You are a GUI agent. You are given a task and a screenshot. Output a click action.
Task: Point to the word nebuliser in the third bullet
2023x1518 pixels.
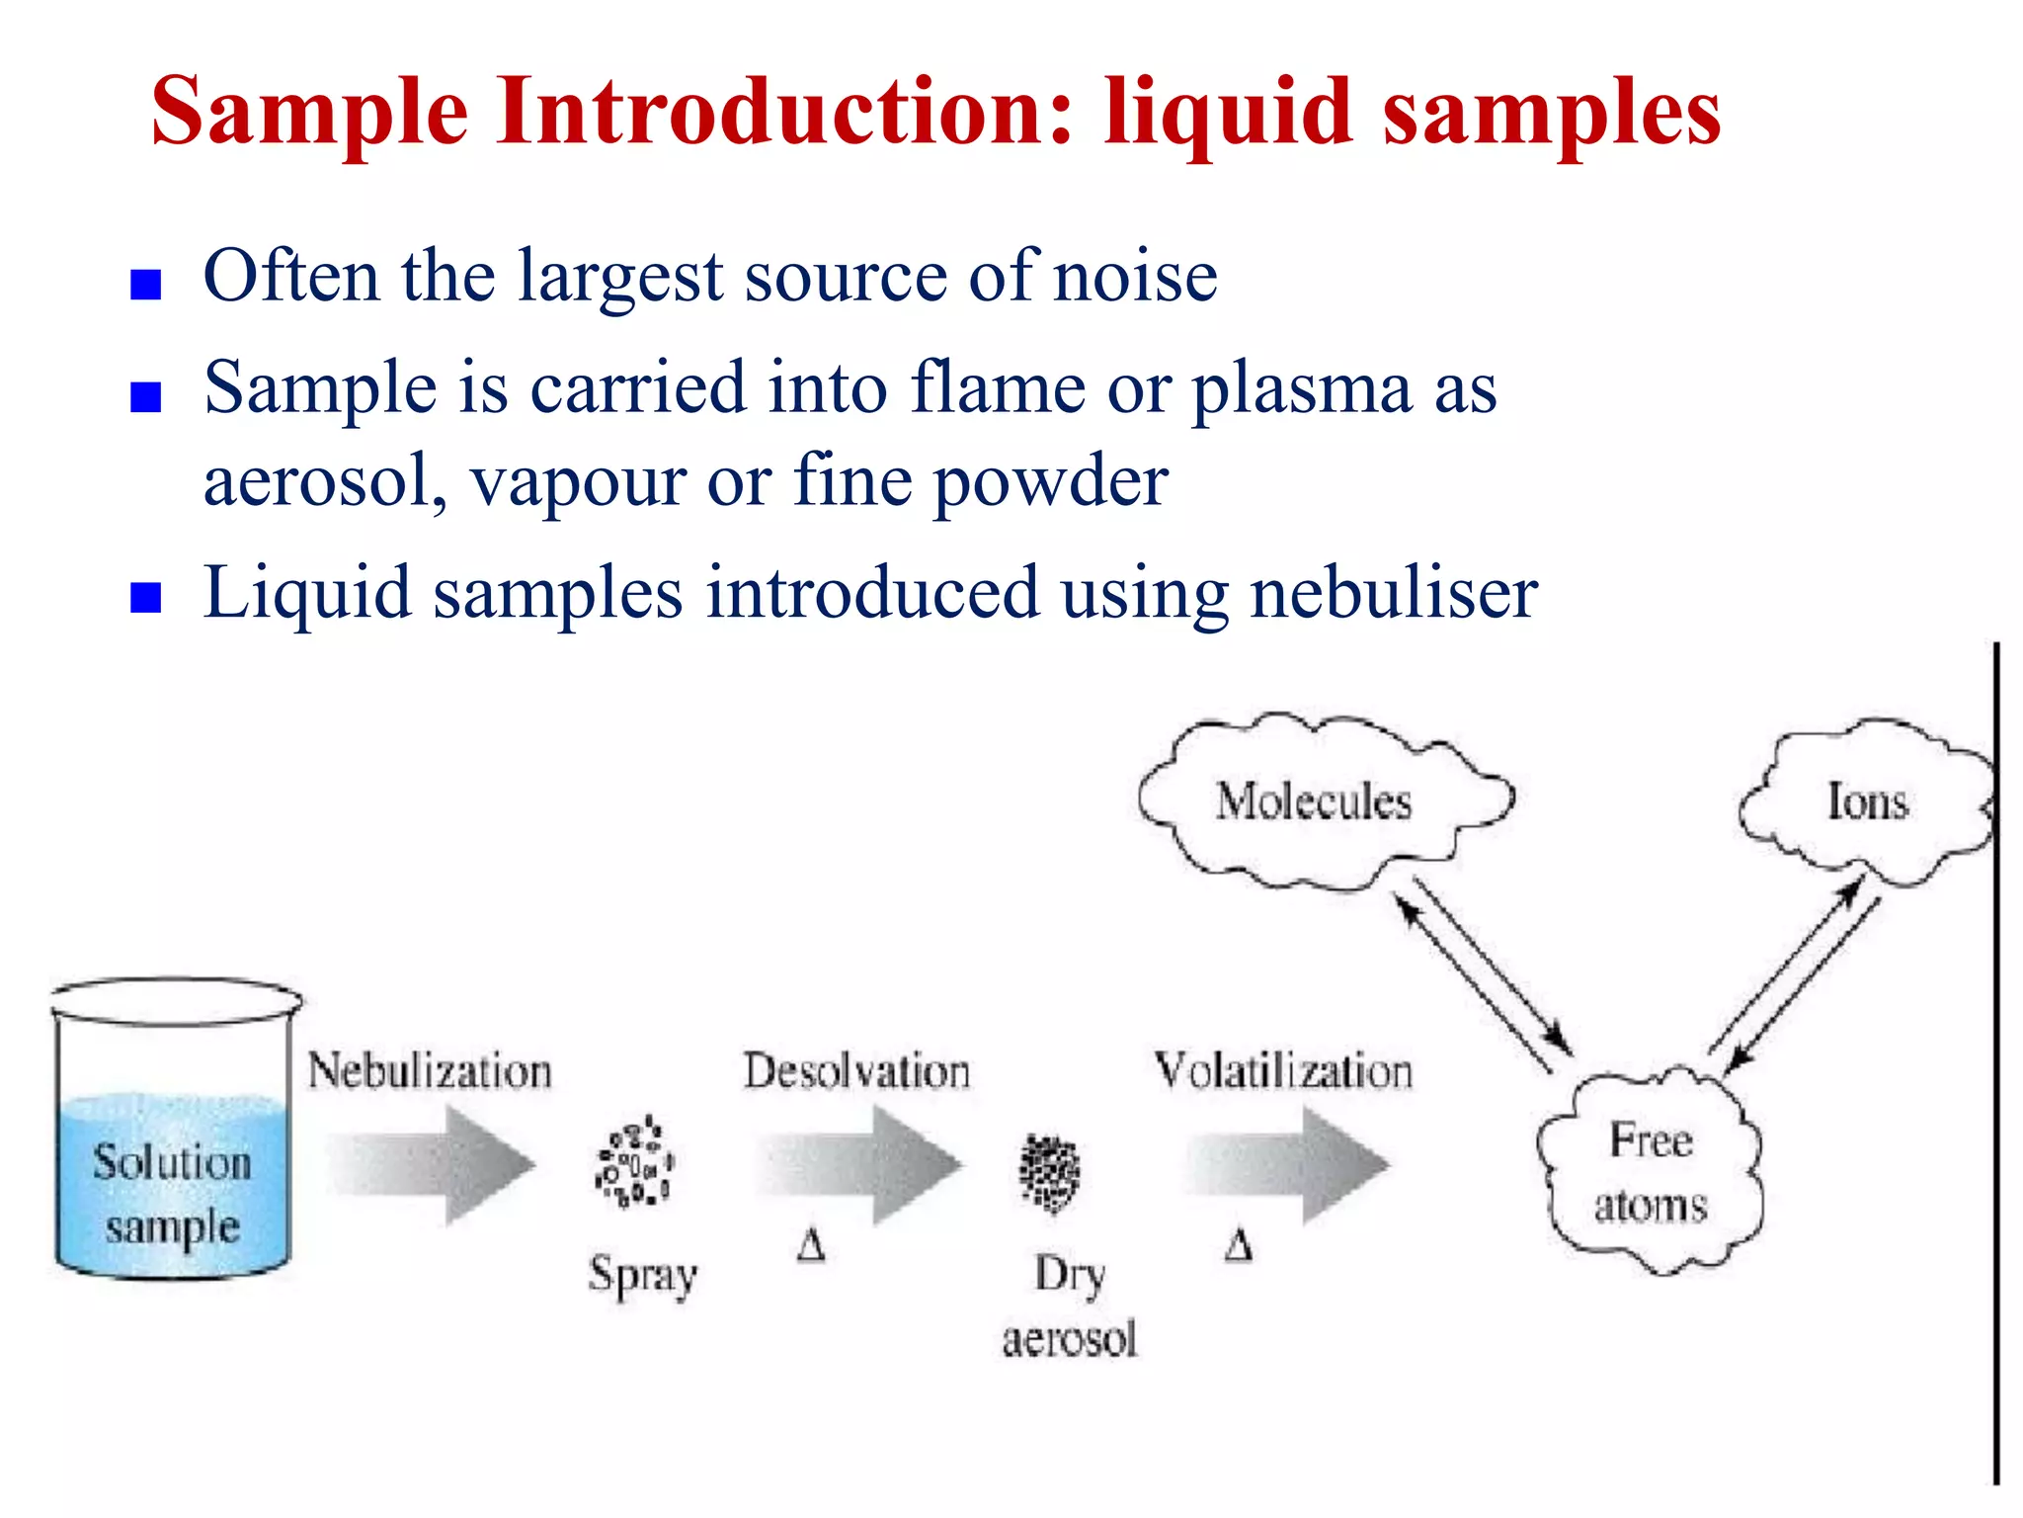1394,593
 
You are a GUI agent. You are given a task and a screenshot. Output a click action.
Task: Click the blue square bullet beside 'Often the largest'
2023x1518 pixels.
146,285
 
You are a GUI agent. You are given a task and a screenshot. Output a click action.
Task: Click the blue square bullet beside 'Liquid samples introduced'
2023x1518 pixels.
146,598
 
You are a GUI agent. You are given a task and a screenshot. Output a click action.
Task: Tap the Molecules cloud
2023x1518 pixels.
1315,801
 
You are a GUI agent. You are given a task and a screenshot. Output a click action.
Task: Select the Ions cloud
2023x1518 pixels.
1867,801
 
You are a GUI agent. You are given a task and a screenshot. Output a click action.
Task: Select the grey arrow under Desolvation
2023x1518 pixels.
858,1165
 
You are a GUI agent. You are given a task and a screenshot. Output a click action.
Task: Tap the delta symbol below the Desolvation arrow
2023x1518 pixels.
811,1245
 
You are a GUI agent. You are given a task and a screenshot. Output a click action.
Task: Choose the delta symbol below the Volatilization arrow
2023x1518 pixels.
1239,1245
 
